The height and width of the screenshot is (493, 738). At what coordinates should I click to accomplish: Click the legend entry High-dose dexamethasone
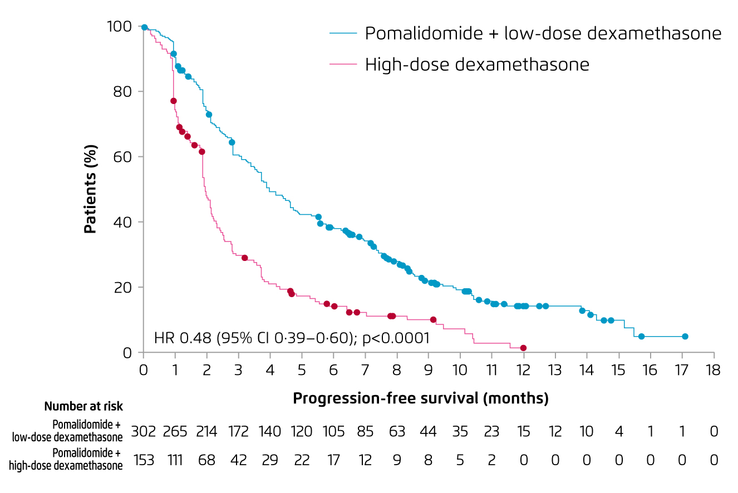[x=476, y=65]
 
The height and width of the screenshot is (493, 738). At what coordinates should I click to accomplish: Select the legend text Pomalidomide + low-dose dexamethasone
[x=543, y=33]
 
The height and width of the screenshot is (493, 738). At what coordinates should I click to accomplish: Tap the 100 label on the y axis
[x=120, y=26]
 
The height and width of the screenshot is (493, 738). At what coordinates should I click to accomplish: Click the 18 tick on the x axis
[x=714, y=369]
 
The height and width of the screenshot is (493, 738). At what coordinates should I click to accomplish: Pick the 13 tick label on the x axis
[x=555, y=369]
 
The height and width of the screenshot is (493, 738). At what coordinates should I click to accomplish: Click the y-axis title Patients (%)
[x=91, y=189]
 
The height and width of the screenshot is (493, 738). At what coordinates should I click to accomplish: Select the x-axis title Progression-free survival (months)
[x=420, y=398]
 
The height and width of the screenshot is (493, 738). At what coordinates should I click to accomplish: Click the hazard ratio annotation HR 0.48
[x=292, y=338]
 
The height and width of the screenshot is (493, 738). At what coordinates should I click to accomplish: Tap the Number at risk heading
[x=83, y=407]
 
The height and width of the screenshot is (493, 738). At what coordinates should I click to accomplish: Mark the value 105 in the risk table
[x=333, y=431]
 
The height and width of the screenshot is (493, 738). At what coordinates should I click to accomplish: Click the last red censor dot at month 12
[x=523, y=348]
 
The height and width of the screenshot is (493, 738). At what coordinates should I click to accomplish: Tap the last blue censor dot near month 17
[x=685, y=337]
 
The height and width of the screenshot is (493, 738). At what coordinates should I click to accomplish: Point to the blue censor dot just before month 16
[x=641, y=337]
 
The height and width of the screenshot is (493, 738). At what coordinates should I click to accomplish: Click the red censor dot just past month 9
[x=433, y=320]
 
